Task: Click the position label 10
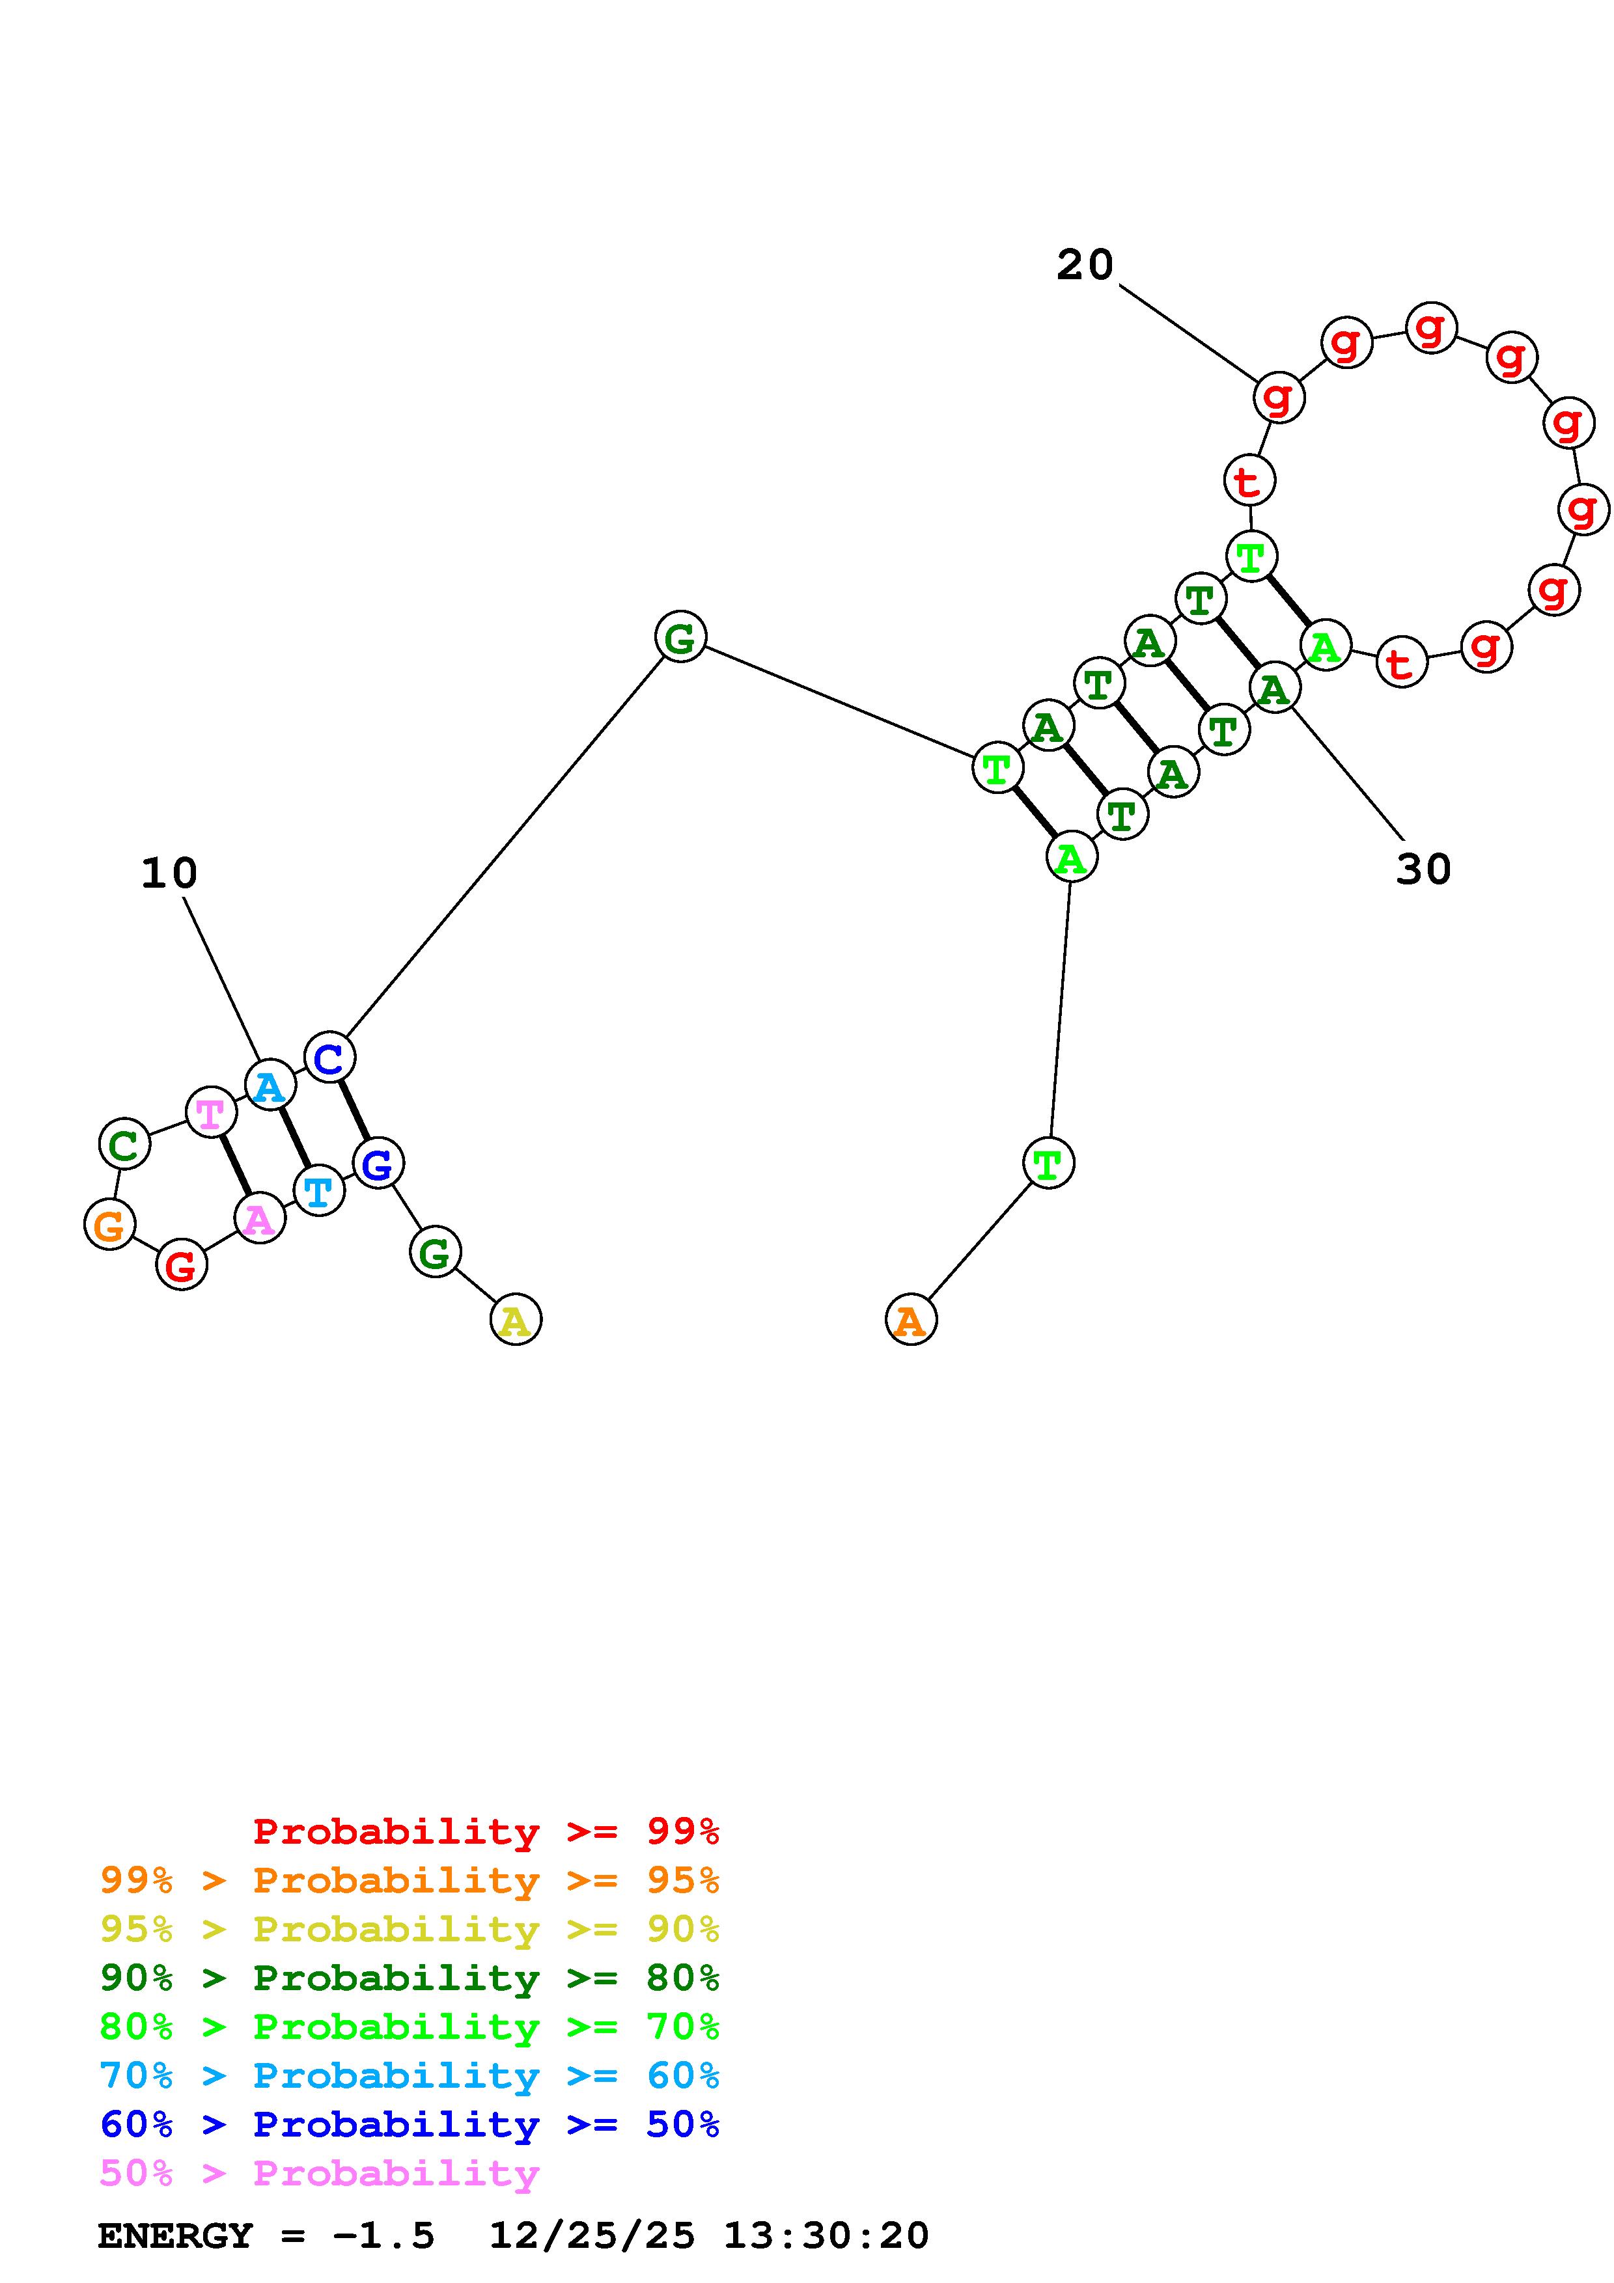pos(169,873)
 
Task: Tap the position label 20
pos(1084,264)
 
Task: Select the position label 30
pos(1423,869)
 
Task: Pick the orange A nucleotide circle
pos(910,1319)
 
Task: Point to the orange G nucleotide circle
pos(109,1224)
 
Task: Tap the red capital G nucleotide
pos(181,1265)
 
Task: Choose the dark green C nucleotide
pos(124,1145)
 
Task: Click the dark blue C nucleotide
pos(329,1058)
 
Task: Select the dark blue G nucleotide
pos(378,1164)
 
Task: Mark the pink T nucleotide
pos(211,1113)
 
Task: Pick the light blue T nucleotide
pos(318,1190)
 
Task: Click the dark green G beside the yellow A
pos(434,1252)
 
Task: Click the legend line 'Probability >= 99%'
pos(486,1831)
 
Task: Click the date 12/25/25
pos(592,2235)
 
